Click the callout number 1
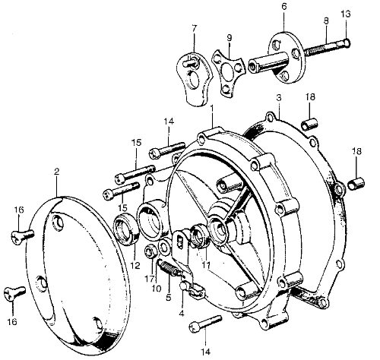click(212, 109)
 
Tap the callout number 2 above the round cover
click(57, 172)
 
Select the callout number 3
click(279, 98)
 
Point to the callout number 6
click(284, 7)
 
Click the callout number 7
click(195, 29)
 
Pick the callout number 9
click(230, 38)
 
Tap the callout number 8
click(326, 21)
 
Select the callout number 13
click(346, 14)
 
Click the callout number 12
click(135, 266)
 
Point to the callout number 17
click(150, 279)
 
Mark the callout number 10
click(157, 289)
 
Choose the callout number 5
click(169, 298)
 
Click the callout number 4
click(182, 314)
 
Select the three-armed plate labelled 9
click(228, 72)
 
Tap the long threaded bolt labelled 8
click(328, 47)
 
